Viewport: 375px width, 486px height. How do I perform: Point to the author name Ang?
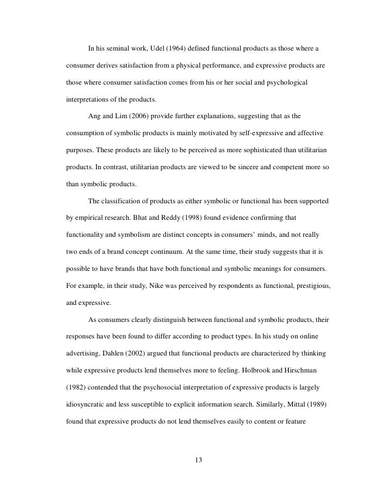[x=95, y=117]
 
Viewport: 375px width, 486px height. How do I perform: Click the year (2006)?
[x=137, y=117]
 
